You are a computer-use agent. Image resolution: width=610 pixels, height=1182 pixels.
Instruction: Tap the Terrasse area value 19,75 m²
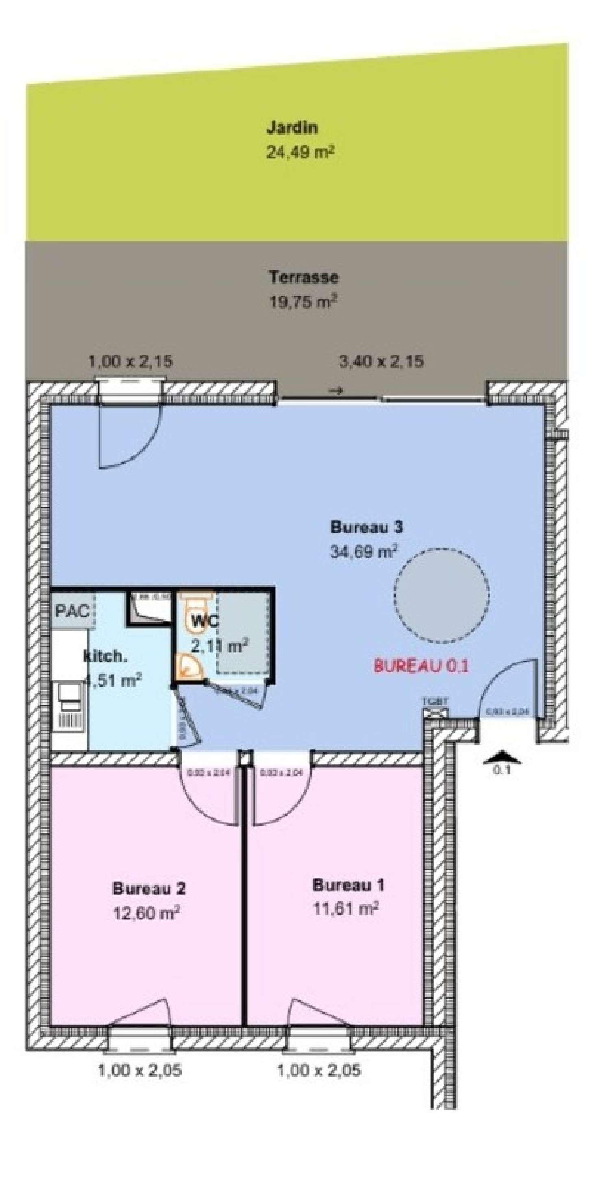tap(303, 302)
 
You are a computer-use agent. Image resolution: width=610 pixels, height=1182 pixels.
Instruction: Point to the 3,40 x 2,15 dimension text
tap(381, 362)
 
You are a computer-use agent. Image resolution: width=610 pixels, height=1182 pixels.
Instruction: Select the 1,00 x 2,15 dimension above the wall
tap(130, 362)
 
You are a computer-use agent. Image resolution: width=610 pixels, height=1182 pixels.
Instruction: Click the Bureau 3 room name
tap(366, 527)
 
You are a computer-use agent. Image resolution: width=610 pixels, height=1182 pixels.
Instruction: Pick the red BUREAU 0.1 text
tap(421, 666)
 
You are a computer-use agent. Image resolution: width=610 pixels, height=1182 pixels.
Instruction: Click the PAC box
tap(72, 611)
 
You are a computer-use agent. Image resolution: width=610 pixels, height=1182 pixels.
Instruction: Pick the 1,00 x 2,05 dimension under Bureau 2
tap(139, 1071)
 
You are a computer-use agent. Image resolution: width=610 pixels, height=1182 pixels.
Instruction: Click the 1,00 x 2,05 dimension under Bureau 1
tap(319, 1071)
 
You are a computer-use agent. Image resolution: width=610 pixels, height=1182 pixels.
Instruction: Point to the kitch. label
tap(105, 656)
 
